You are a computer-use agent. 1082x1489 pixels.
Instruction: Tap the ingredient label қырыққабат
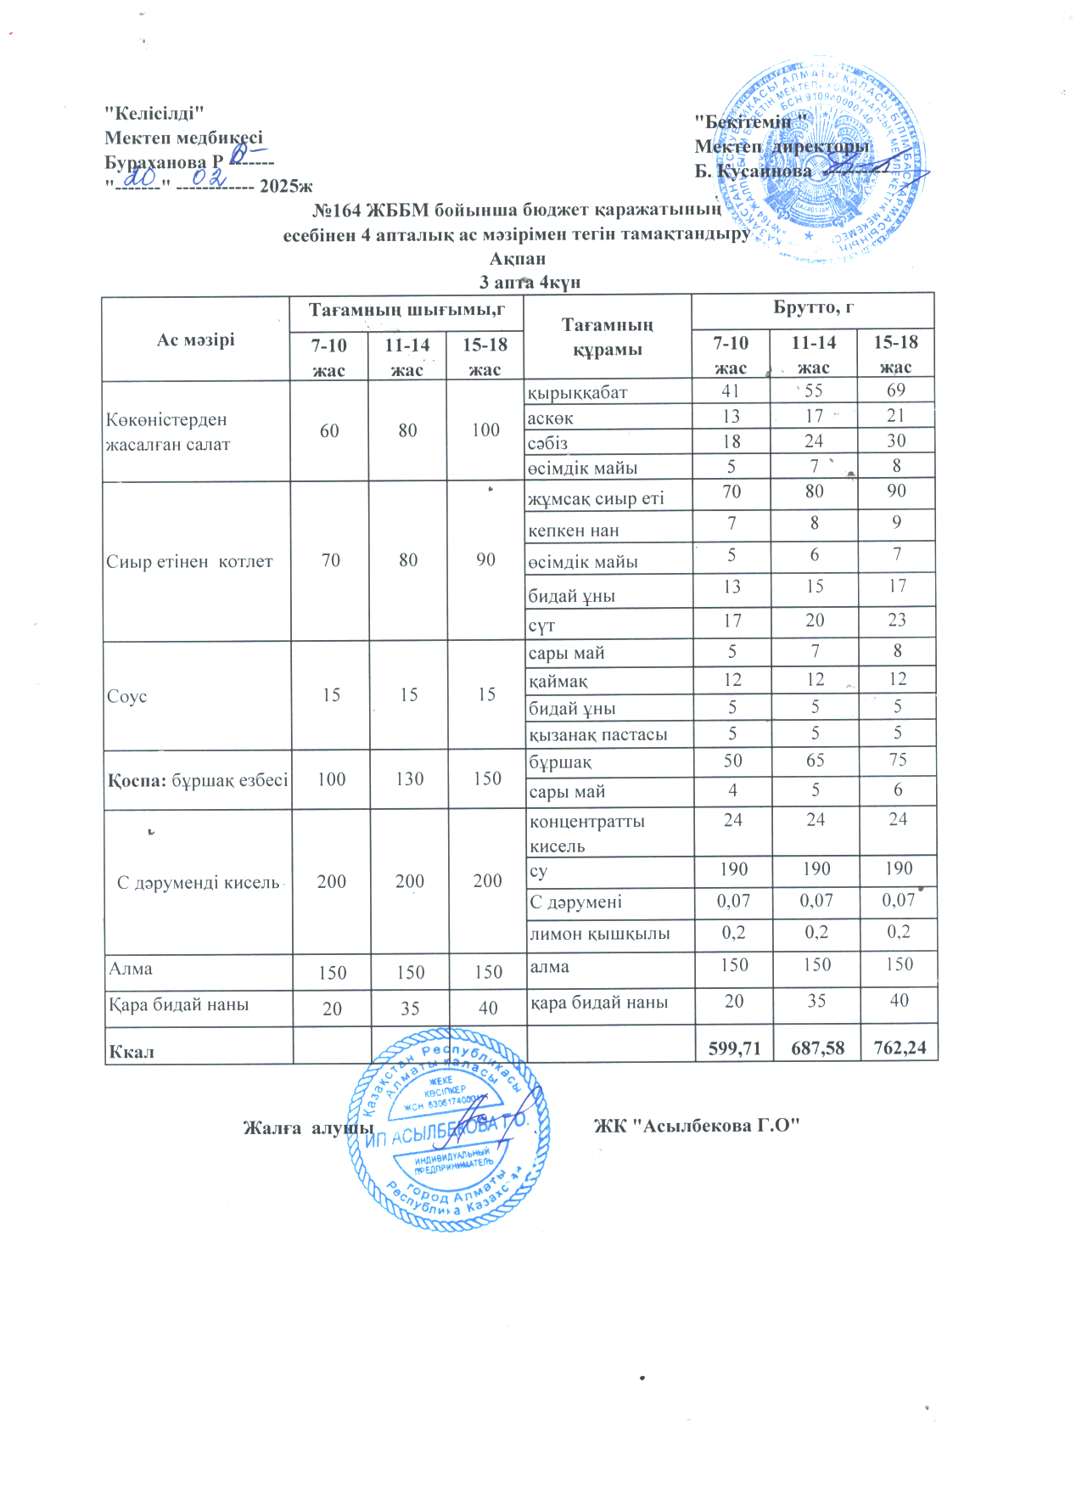577,393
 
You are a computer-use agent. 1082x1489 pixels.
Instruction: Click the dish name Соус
126,696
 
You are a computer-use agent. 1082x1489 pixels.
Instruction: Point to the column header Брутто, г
813,307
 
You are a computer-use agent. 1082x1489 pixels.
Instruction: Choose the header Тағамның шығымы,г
406,310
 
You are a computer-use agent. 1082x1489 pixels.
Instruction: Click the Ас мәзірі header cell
195,340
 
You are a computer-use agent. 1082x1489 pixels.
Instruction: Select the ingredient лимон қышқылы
599,934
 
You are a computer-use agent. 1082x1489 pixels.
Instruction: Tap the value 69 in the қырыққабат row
896,391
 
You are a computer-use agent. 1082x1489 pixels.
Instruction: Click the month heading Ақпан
518,259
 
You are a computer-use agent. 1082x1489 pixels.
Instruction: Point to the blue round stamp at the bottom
450,1129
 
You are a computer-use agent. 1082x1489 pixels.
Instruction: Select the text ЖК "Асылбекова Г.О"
697,1126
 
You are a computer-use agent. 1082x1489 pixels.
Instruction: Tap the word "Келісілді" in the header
154,113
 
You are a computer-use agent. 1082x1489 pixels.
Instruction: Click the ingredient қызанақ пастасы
597,734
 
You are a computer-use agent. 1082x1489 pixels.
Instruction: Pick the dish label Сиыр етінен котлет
189,561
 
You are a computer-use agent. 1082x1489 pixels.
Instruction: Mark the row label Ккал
132,1052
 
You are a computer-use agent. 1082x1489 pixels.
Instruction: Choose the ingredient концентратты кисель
586,833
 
